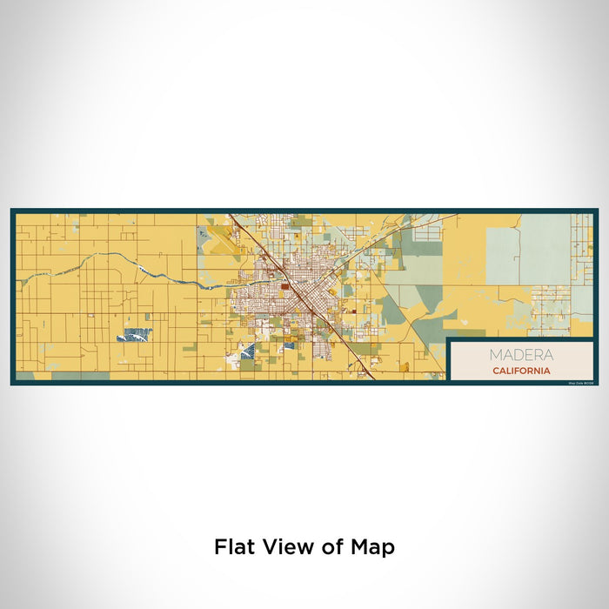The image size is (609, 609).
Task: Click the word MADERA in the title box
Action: [519, 355]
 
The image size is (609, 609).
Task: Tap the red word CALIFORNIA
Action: [519, 371]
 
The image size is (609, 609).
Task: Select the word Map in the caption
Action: [375, 547]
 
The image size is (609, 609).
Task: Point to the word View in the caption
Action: [285, 547]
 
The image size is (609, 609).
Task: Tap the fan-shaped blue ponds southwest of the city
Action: [247, 351]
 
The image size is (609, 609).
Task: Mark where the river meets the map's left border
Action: [17, 279]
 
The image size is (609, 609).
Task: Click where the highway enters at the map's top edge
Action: [230, 214]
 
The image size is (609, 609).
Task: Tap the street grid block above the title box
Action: [549, 309]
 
